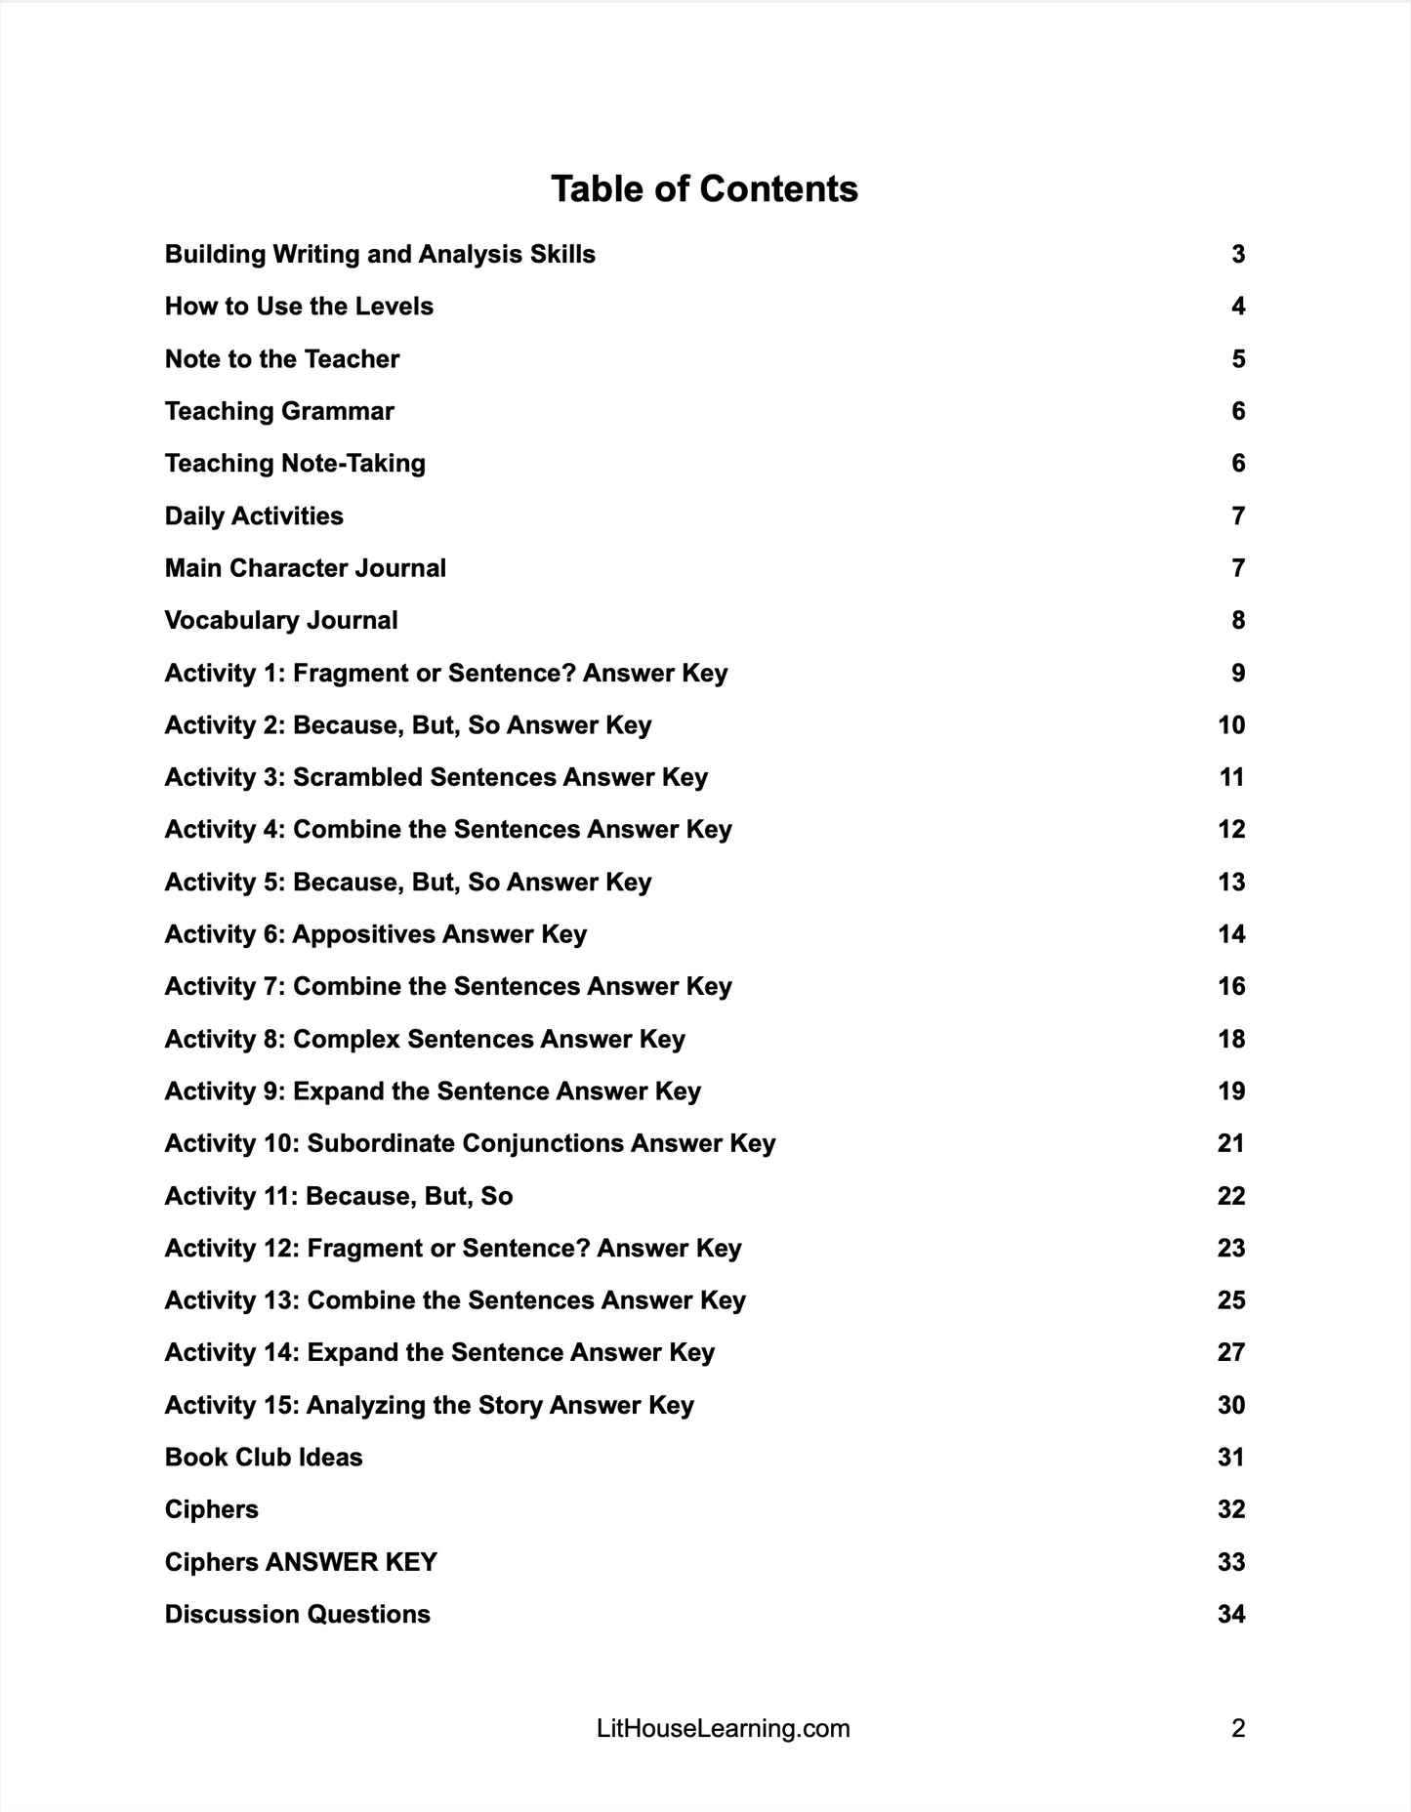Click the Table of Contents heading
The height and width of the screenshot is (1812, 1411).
[704, 188]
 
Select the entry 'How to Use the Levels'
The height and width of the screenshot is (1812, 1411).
[299, 307]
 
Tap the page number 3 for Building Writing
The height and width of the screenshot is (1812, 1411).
[1238, 255]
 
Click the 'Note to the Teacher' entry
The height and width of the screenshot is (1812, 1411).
[282, 359]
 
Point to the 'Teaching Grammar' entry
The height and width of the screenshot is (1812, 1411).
[279, 411]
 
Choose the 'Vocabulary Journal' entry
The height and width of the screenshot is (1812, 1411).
[281, 621]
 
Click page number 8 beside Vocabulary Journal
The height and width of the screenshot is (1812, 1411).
[1238, 621]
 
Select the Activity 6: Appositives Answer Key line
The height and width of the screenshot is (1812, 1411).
[376, 934]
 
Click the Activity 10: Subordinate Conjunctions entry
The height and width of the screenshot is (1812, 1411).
[470, 1143]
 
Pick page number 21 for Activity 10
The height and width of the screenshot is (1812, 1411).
[1231, 1143]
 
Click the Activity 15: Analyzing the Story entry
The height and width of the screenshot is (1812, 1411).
[430, 1405]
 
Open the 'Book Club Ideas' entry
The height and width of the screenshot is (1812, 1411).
[264, 1458]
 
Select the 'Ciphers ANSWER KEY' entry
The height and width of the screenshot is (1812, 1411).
[301, 1562]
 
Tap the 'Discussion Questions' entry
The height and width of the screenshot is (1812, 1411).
[298, 1615]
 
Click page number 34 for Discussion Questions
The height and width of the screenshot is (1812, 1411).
[1231, 1615]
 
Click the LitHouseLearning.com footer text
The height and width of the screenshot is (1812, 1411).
[723, 1729]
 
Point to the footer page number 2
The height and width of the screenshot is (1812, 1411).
[1238, 1729]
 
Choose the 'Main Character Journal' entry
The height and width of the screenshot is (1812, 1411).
[306, 568]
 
